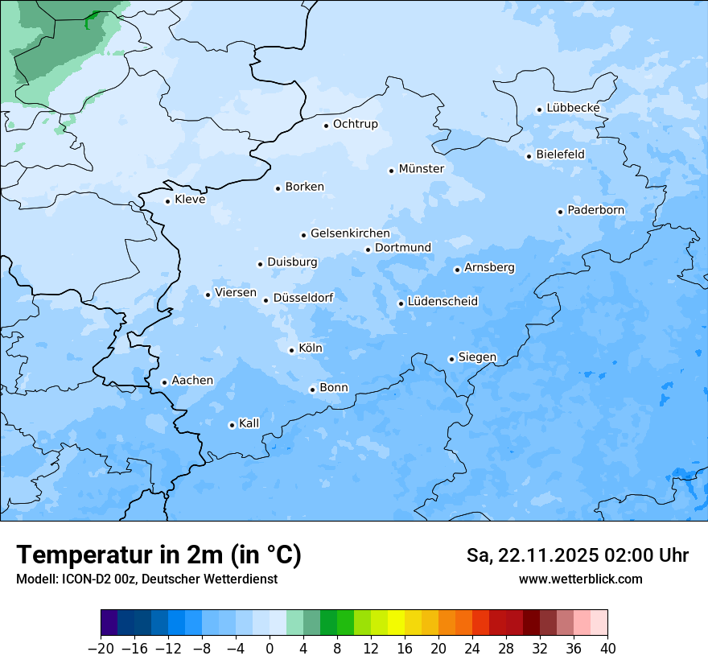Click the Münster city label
(421, 169)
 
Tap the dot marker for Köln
(291, 350)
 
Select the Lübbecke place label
(573, 108)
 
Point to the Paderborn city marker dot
(560, 212)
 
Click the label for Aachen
(192, 381)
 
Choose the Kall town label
(249, 423)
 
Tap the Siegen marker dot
(451, 359)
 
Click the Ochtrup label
(355, 124)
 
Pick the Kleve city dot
(167, 201)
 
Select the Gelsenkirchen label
(350, 233)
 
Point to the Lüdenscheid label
(442, 302)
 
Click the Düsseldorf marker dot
(265, 300)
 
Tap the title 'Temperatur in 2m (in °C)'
(159, 555)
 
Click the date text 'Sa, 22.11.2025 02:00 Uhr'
(577, 556)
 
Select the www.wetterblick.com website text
(580, 579)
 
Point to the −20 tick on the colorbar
(101, 649)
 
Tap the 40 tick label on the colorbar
(607, 649)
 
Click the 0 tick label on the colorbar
(270, 649)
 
